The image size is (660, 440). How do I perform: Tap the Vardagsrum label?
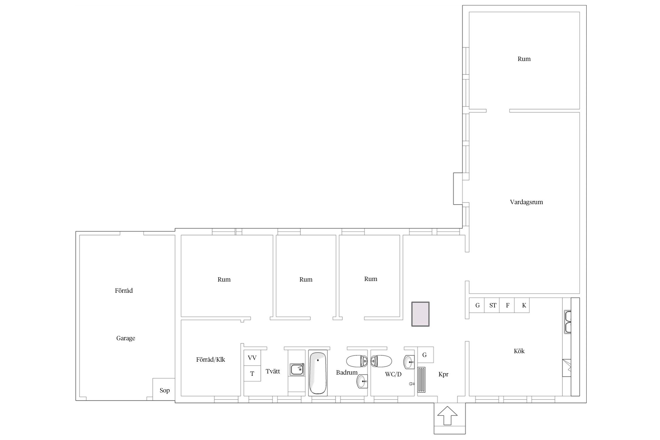pyautogui.click(x=526, y=202)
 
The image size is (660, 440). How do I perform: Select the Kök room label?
pyautogui.click(x=519, y=351)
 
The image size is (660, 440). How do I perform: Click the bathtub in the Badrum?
pyautogui.click(x=318, y=373)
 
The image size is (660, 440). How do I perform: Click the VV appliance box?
pyautogui.click(x=252, y=358)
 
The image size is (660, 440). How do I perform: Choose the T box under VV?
pyautogui.click(x=252, y=373)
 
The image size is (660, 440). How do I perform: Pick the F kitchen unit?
pyautogui.click(x=507, y=305)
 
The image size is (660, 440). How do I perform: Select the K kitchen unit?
pyautogui.click(x=522, y=305)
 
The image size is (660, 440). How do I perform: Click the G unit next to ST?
pyautogui.click(x=477, y=305)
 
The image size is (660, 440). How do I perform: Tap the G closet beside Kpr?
pyautogui.click(x=425, y=355)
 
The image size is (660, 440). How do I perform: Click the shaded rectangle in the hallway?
pyautogui.click(x=420, y=314)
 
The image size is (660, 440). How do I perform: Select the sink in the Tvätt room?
pyautogui.click(x=297, y=369)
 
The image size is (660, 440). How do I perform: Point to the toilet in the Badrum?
pyautogui.click(x=357, y=361)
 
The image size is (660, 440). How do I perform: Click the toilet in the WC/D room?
pyautogui.click(x=381, y=361)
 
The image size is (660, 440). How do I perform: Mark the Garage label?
pyautogui.click(x=126, y=338)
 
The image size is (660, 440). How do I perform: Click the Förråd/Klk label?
pyautogui.click(x=211, y=360)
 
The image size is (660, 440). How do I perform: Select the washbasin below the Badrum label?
pyautogui.click(x=362, y=381)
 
